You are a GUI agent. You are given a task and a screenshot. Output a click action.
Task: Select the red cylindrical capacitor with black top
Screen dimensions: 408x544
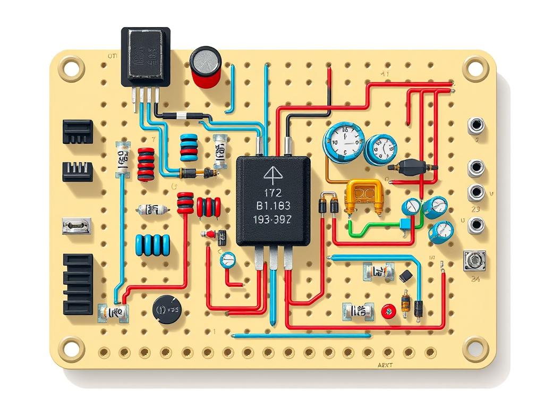[x=206, y=67]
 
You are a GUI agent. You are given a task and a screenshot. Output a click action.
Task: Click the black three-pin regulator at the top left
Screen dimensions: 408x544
[x=146, y=57]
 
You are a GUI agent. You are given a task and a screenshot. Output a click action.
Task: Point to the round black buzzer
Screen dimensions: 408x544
[x=166, y=309]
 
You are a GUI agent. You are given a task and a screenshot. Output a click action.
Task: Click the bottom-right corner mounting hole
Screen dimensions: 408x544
[x=475, y=348]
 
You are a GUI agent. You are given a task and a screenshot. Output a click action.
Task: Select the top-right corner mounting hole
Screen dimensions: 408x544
[x=475, y=68]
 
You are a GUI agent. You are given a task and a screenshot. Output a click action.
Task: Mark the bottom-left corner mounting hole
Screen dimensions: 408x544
[x=71, y=348]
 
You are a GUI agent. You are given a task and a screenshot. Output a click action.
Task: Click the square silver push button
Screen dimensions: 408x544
[x=474, y=261]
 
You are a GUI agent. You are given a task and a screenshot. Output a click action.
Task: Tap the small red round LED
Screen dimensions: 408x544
[x=389, y=311]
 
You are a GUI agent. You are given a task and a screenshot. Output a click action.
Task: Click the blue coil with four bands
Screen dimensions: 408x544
[x=152, y=245]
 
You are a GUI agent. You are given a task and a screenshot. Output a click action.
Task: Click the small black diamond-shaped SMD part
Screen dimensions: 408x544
[x=406, y=276]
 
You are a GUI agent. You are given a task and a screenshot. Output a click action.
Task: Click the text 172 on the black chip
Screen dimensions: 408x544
[x=273, y=192]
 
